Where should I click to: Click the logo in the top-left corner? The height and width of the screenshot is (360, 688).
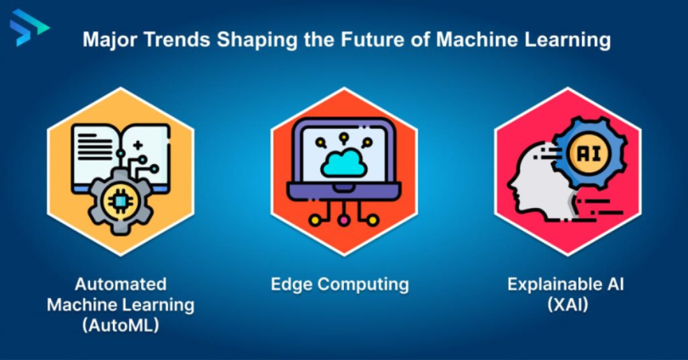tap(28, 31)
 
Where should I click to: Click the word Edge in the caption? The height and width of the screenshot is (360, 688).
tap(290, 284)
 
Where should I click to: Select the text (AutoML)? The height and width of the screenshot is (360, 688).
tap(121, 324)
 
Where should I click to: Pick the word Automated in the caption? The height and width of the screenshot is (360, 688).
tap(121, 284)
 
